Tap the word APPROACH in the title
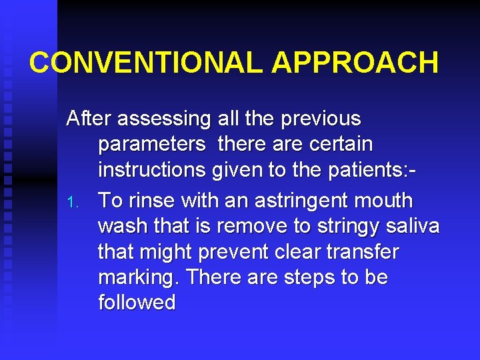[x=355, y=63]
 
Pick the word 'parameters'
[x=152, y=145]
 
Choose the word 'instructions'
[x=153, y=171]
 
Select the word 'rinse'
[x=148, y=201]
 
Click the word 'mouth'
[x=391, y=201]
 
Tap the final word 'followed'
[x=137, y=303]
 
